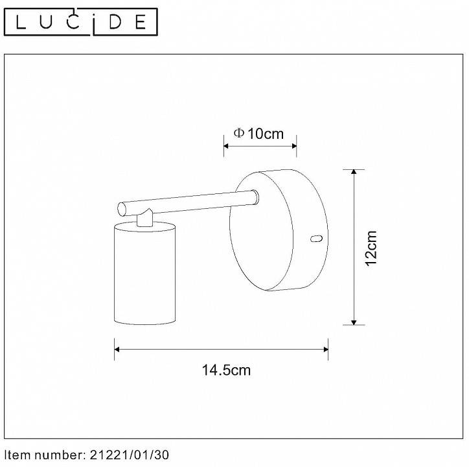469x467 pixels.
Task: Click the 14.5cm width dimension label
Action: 226,370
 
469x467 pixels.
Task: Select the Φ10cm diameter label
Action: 258,134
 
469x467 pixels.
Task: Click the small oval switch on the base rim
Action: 316,239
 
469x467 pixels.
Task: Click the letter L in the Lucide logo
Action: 21,23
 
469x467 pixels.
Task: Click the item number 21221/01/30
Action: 127,455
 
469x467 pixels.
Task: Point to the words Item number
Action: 41,455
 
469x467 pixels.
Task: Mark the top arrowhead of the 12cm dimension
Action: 354,173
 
